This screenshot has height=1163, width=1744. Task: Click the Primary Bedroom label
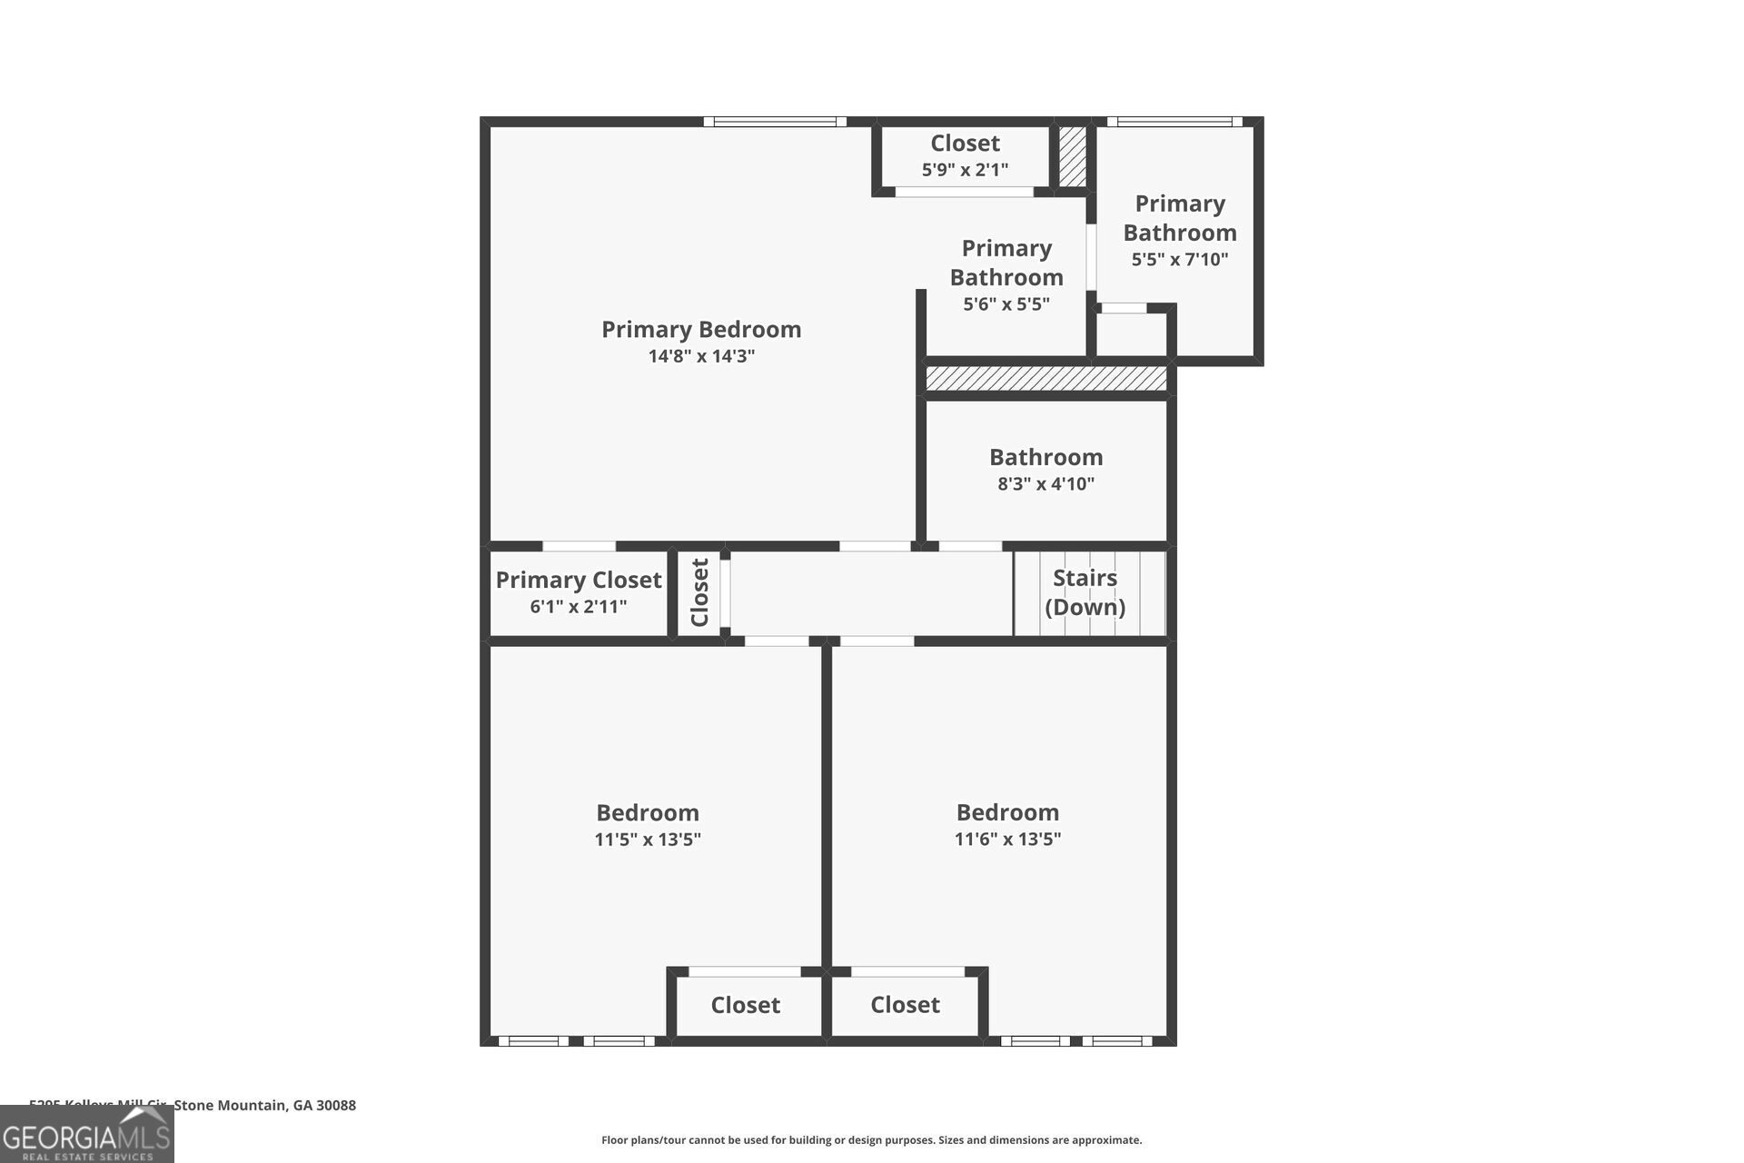click(701, 329)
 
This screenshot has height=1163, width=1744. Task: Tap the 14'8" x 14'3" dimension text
click(701, 356)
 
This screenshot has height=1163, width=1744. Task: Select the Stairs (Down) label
click(1085, 591)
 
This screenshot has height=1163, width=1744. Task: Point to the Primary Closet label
click(579, 580)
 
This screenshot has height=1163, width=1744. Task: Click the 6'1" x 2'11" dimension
click(579, 607)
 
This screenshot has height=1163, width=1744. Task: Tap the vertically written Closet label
click(699, 592)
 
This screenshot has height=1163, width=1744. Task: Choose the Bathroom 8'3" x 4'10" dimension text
click(1045, 483)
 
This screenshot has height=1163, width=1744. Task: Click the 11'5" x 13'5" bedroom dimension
click(648, 840)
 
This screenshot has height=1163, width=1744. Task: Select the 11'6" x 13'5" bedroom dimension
click(1007, 839)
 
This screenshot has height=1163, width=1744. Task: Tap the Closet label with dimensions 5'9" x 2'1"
click(965, 144)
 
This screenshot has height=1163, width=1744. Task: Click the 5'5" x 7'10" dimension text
click(1179, 260)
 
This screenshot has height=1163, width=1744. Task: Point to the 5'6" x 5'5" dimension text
click(1006, 304)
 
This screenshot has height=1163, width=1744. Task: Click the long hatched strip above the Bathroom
click(1045, 379)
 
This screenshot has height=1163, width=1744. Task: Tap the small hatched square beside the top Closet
click(1073, 156)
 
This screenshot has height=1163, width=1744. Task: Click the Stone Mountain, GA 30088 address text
click(264, 1106)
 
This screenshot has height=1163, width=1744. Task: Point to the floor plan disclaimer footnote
click(871, 1140)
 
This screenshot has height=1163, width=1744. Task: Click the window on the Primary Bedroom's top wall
click(775, 122)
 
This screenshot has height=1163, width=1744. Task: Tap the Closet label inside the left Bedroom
click(745, 1005)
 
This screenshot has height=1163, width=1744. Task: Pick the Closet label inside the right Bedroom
click(905, 1005)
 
